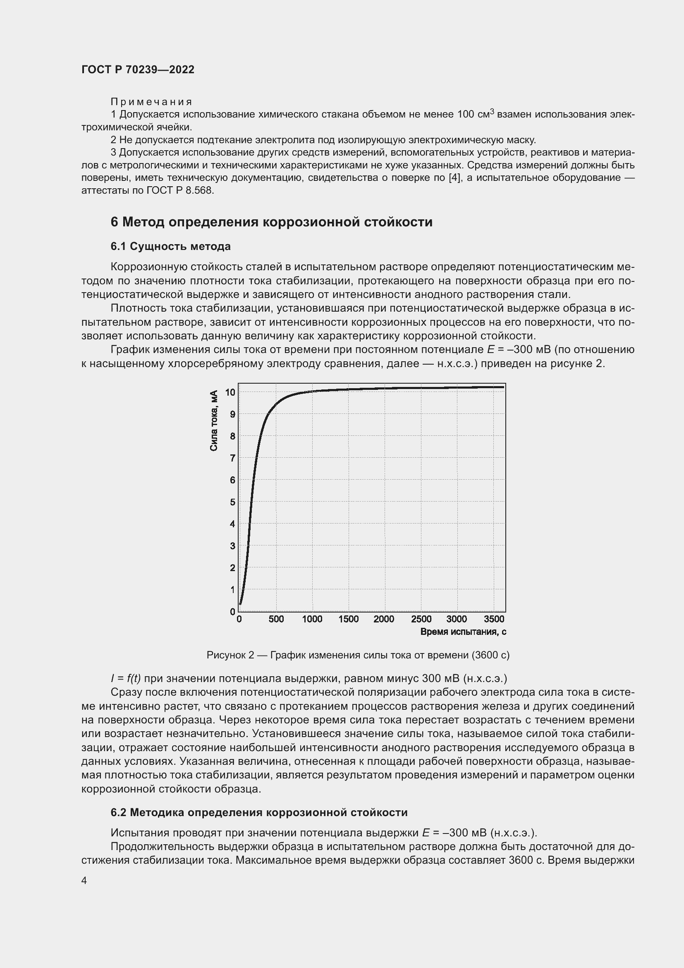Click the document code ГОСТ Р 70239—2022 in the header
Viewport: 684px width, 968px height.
point(138,70)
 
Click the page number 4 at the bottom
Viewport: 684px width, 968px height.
point(84,880)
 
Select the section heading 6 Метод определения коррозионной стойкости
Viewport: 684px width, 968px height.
point(271,222)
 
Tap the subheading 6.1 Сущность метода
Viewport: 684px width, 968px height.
point(170,246)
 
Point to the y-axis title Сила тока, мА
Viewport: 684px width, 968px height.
point(214,420)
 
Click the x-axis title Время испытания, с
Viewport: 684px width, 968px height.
point(463,632)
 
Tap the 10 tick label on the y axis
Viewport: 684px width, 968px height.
point(230,392)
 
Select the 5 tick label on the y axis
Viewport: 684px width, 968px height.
point(232,502)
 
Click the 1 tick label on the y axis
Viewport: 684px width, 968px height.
point(232,590)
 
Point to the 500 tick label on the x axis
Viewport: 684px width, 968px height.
point(276,619)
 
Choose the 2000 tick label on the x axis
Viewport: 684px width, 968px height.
point(384,619)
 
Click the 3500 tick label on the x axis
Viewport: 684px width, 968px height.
point(494,619)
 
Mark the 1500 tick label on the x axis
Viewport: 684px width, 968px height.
point(348,619)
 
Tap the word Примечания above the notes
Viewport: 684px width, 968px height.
point(151,102)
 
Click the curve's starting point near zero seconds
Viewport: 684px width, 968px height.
point(241,603)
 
